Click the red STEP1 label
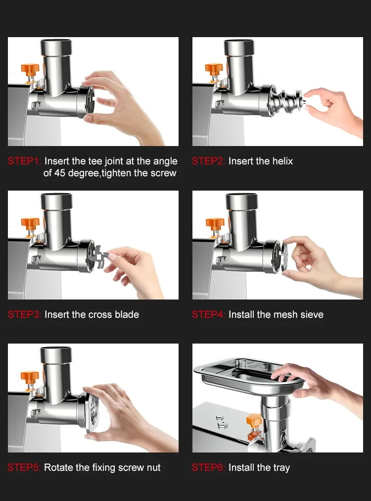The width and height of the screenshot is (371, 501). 25,161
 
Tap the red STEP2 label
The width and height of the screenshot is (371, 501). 209,161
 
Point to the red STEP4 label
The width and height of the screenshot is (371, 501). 209,315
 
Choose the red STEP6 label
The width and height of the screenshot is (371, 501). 209,468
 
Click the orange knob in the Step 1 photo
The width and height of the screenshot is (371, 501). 30,68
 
